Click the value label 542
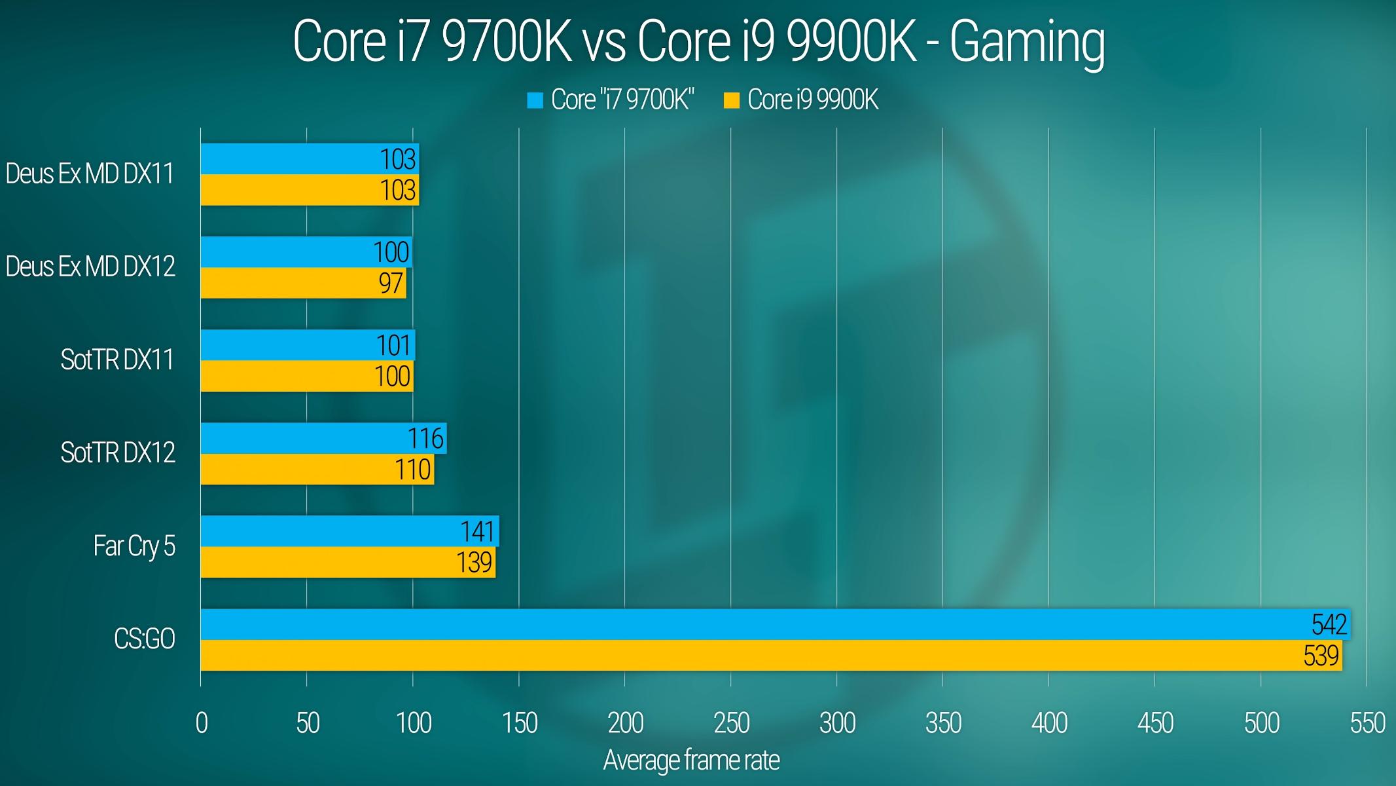(x=1329, y=624)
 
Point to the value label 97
(x=391, y=283)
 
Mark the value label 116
(x=425, y=438)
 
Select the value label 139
(x=474, y=563)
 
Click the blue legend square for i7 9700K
(x=535, y=100)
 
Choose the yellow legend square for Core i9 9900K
(x=731, y=100)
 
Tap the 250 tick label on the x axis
(x=731, y=723)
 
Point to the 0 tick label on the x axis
(x=202, y=723)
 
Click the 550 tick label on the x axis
(x=1367, y=723)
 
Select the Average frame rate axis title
(x=691, y=760)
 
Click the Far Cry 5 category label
(x=134, y=546)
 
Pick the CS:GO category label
(x=144, y=639)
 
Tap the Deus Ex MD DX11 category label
(x=90, y=174)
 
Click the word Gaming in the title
(x=1027, y=42)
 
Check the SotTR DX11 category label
(x=117, y=360)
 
